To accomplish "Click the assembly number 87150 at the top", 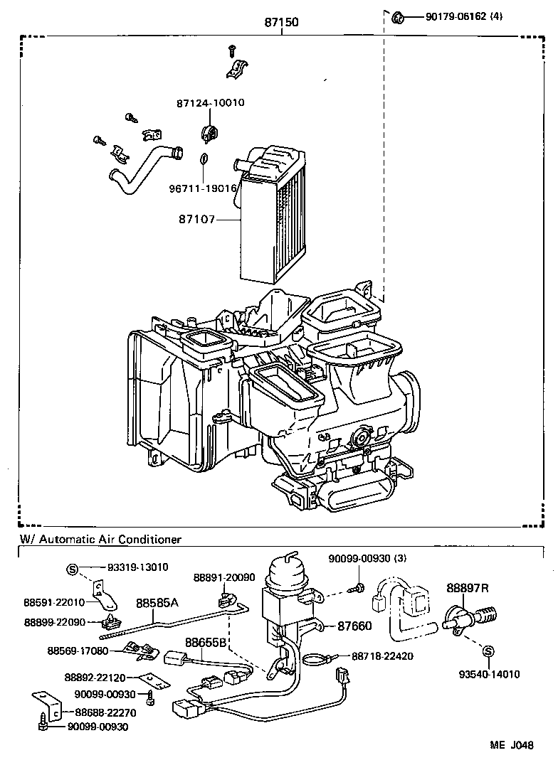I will click(281, 23).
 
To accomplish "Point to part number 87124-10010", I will click(210, 102).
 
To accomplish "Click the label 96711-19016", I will click(202, 188).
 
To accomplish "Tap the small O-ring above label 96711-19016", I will click(203, 159).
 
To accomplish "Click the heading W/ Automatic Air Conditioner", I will click(100, 540).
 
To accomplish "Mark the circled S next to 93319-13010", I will click(72, 567).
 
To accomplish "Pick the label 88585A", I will click(157, 603).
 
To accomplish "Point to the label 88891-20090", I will click(225, 577).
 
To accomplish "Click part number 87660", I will click(354, 626).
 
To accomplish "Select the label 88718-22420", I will click(383, 656).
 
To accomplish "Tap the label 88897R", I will click(468, 587).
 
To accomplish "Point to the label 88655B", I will click(206, 641).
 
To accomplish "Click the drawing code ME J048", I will click(510, 745).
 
